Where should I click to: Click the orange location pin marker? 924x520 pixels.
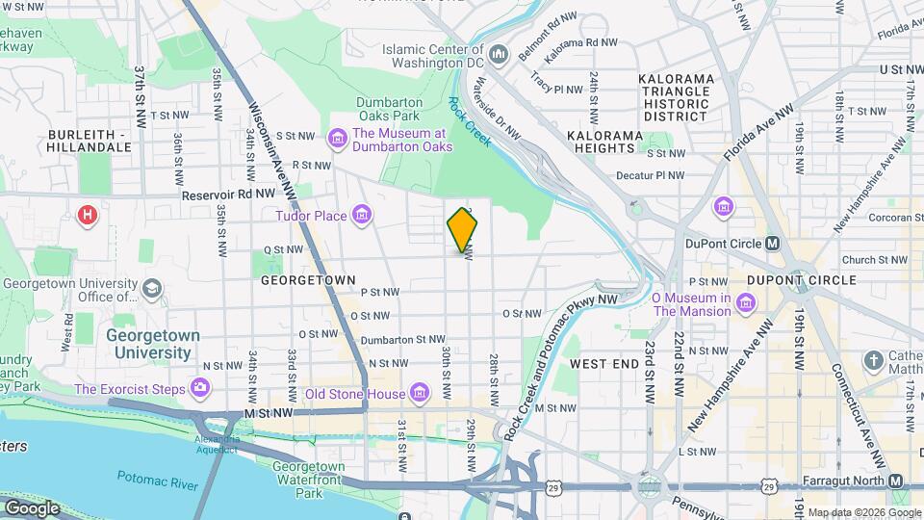[463, 228]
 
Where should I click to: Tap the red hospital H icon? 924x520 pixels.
[88, 214]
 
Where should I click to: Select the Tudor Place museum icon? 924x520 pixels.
[362, 215]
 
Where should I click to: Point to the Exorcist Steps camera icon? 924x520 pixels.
[200, 388]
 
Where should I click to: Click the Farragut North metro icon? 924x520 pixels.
[896, 481]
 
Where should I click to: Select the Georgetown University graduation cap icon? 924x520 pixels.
[151, 288]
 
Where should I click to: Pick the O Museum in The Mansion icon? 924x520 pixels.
[746, 305]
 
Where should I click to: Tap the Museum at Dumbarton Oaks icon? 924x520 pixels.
[338, 140]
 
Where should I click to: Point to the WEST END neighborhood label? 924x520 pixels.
[603, 364]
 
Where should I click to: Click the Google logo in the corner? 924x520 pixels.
[32, 507]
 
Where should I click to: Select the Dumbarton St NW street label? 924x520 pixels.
[402, 339]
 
